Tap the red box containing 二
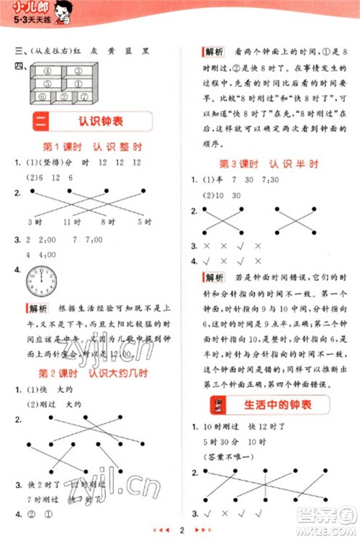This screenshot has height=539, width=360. click(x=40, y=121)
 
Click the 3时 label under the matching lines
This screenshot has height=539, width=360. click(x=35, y=221)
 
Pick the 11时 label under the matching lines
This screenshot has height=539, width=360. click(x=71, y=221)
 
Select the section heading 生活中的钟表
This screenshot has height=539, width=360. click(x=274, y=404)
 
